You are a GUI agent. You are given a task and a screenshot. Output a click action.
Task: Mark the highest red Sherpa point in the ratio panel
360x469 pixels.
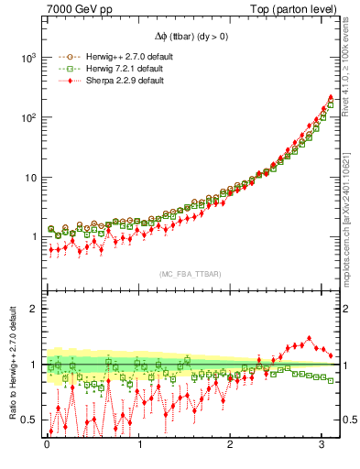[309, 338]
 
